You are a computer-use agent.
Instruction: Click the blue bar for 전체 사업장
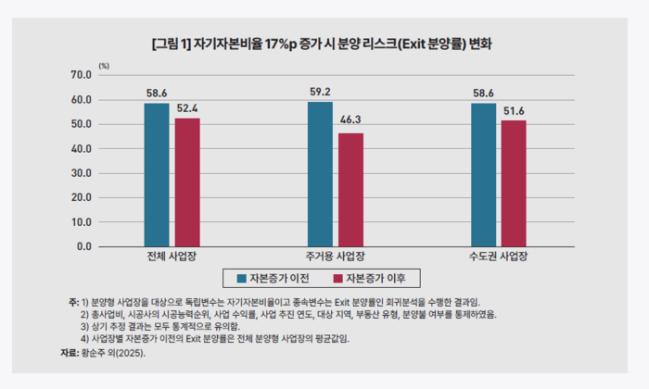(x=157, y=175)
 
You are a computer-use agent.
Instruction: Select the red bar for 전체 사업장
(x=186, y=182)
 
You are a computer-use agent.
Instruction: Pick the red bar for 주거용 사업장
(x=350, y=190)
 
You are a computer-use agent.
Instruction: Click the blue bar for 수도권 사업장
(x=483, y=175)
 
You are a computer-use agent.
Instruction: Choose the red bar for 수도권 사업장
(x=514, y=183)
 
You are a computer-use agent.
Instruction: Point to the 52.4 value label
(x=187, y=109)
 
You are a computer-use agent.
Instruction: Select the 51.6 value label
(x=514, y=111)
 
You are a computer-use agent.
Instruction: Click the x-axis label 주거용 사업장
(x=335, y=257)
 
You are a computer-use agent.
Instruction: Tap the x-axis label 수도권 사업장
(x=498, y=257)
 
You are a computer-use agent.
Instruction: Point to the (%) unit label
(x=104, y=65)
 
